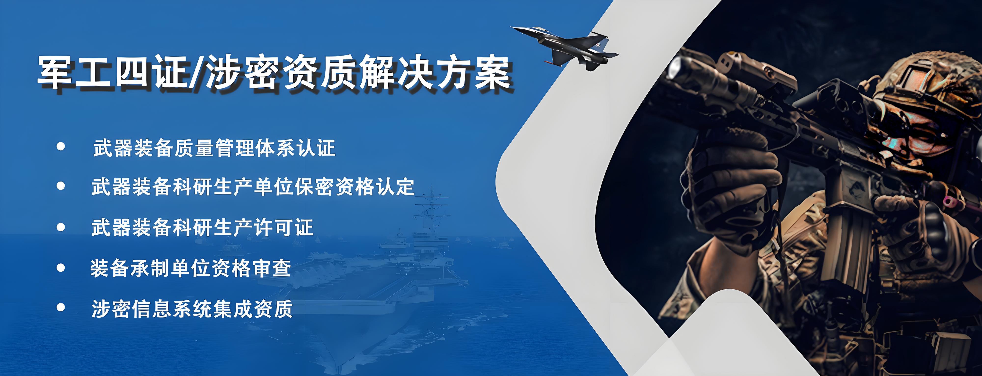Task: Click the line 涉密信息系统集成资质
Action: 192,309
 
